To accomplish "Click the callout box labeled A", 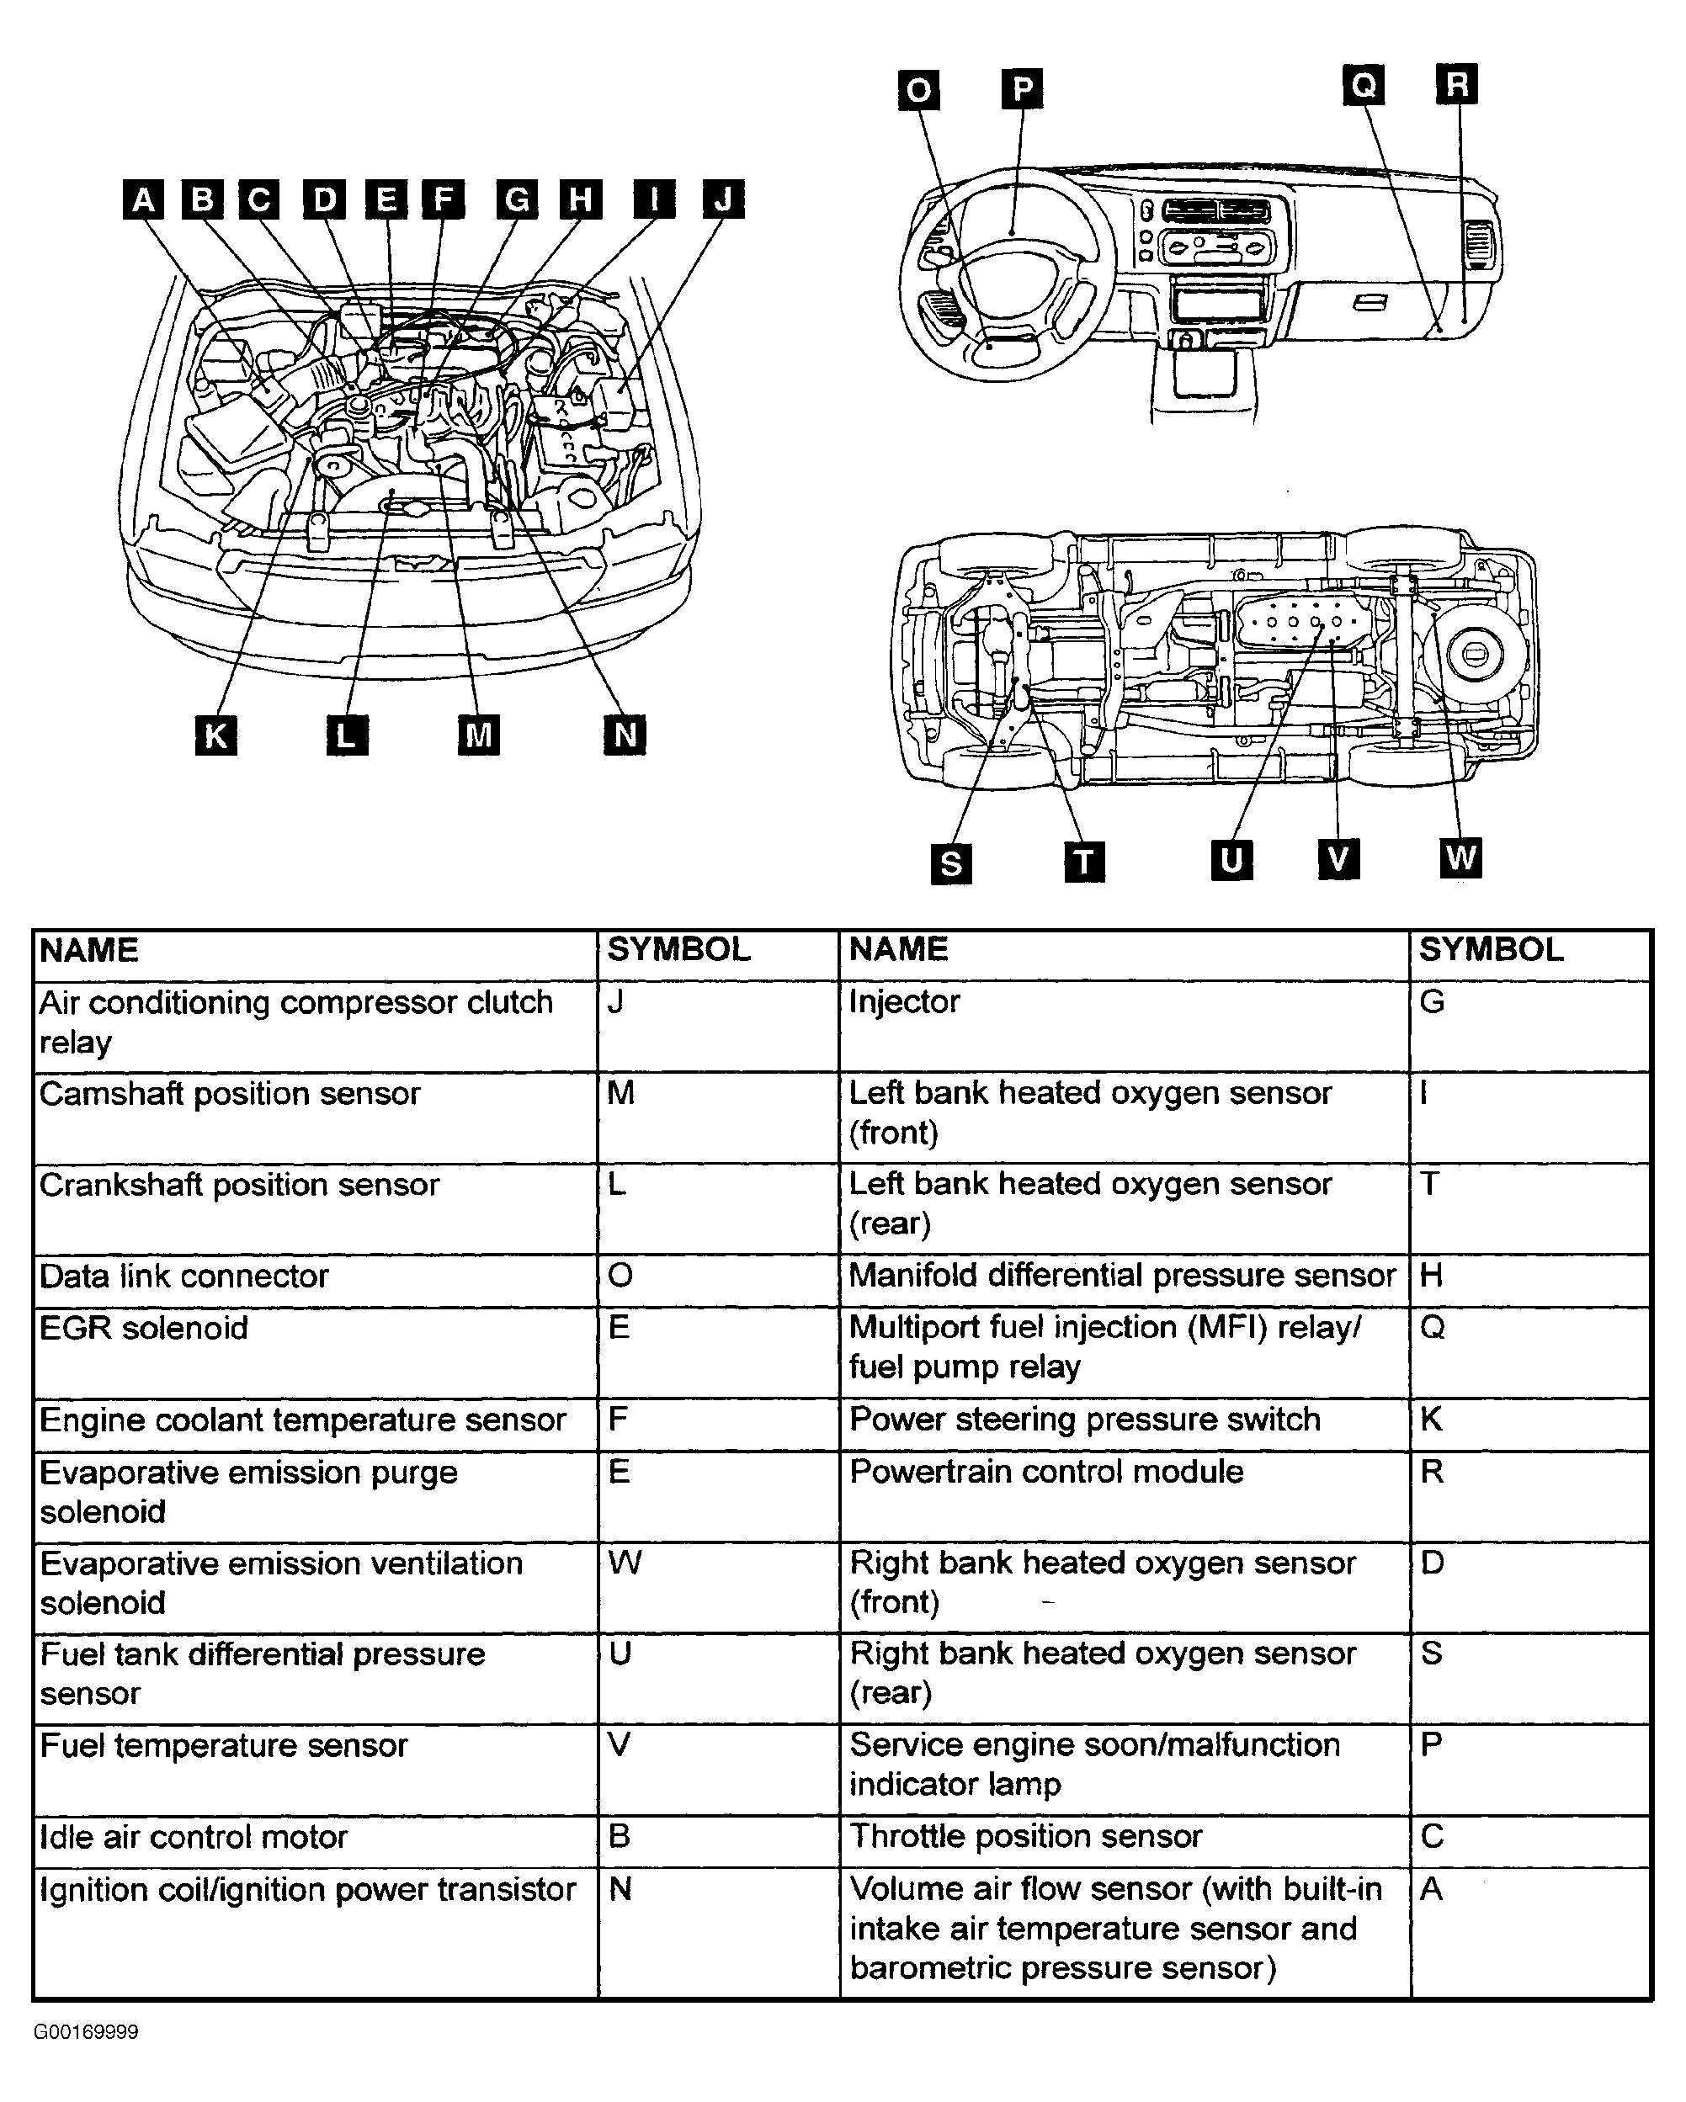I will pos(143,200).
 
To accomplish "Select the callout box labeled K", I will pos(215,735).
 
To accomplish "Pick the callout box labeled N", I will pos(625,734).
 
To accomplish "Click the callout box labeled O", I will pos(918,91).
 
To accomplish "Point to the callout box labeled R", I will pos(1457,84).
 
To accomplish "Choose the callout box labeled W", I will pos(1460,858).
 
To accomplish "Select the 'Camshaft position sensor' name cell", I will pos(315,1117).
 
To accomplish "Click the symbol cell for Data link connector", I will pos(718,1280).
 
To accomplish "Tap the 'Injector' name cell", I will pos(1124,1026).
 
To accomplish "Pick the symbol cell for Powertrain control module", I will pos(1529,1495).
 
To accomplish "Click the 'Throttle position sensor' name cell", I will pos(1124,1839).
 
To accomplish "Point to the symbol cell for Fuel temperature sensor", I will pos(718,1769).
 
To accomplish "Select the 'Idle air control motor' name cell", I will pos(315,1839).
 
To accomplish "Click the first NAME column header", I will pos(315,954).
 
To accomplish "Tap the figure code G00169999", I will pos(87,2032).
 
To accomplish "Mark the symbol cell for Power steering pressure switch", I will pos(1529,1424).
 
